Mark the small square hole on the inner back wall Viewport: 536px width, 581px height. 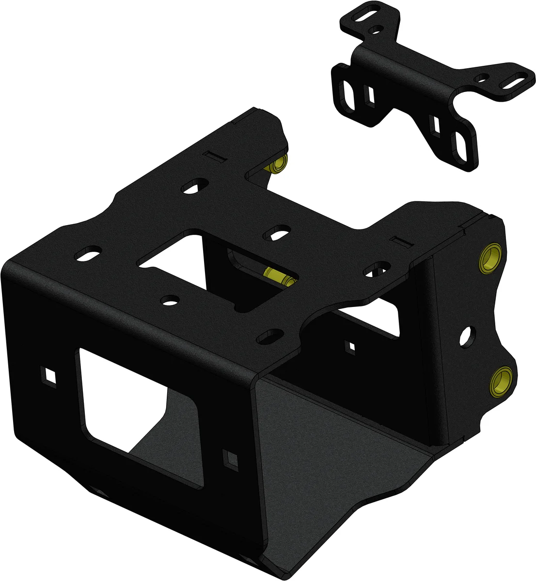point(350,346)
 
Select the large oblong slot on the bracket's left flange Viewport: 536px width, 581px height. point(347,94)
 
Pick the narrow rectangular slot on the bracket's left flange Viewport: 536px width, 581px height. point(371,95)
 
